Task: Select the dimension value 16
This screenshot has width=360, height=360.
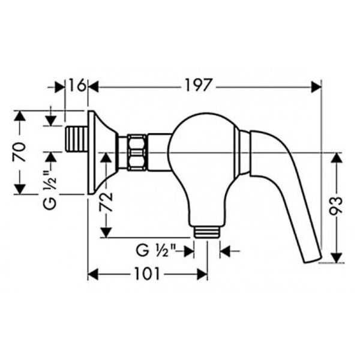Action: click(76, 86)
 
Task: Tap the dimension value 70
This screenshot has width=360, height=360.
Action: click(20, 152)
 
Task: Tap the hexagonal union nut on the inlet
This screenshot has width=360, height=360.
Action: click(137, 152)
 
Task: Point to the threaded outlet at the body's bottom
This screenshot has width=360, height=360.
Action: click(206, 230)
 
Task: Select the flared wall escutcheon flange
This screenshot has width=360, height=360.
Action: click(99, 152)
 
